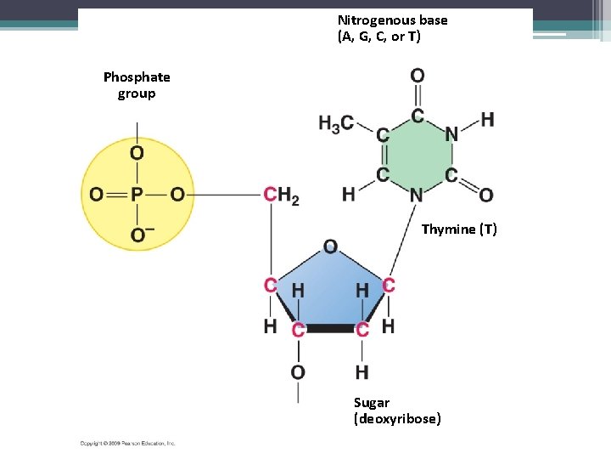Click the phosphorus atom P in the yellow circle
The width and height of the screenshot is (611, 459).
point(137,195)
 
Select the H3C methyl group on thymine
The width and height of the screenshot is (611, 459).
point(336,124)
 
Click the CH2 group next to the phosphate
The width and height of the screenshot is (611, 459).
point(281,195)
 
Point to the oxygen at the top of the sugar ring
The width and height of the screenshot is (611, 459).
point(330,246)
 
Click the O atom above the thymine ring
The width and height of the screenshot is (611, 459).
point(417,76)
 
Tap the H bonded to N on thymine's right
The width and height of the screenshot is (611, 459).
point(487,120)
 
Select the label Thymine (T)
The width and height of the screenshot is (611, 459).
point(459,229)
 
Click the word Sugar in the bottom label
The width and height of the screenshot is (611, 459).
point(372,403)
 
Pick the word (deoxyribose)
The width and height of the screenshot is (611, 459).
point(397,419)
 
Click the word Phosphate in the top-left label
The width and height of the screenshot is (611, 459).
point(137,77)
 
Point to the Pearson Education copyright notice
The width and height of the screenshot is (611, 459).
point(127,443)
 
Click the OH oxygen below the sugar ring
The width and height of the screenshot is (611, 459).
point(298,371)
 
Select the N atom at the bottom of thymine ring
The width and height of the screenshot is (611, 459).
point(417,195)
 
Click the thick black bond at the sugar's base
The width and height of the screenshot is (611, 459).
point(330,327)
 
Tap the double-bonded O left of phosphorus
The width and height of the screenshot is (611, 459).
point(97,195)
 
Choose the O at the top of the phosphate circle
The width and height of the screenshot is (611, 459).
point(137,153)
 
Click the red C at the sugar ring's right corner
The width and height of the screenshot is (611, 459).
point(388,286)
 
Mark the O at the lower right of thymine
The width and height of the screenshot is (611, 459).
point(486,195)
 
